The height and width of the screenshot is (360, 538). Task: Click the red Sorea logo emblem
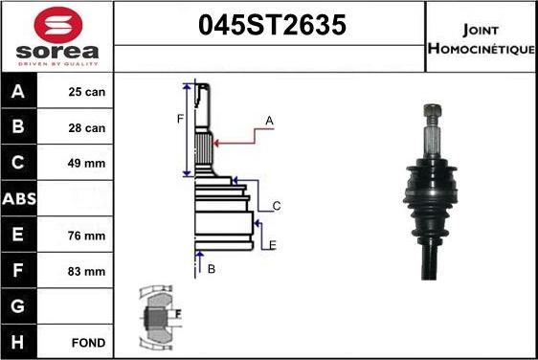tap(58, 24)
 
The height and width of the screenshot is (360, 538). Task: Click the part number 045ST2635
tap(272, 25)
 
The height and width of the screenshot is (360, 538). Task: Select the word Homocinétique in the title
tap(482, 49)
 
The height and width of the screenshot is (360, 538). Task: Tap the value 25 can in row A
tap(87, 92)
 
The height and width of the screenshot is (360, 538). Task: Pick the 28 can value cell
tap(87, 128)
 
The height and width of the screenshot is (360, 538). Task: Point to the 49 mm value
tap(86, 164)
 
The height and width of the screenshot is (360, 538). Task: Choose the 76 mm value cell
tap(86, 236)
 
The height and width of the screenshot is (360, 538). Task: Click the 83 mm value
tap(86, 272)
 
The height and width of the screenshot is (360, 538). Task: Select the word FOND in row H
tap(88, 343)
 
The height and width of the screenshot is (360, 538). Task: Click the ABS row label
tap(19, 199)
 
